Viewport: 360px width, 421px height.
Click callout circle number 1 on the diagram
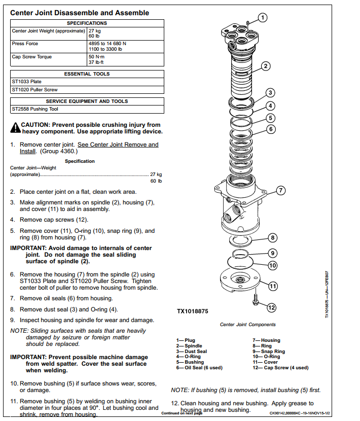[x=263, y=18]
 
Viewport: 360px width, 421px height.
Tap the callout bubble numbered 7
[x=281, y=191]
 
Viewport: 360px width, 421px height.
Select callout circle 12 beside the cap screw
[x=271, y=307]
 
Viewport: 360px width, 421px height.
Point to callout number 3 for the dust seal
[x=270, y=93]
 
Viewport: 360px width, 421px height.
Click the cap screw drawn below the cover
[x=256, y=300]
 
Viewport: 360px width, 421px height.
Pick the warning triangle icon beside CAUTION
[x=15, y=128]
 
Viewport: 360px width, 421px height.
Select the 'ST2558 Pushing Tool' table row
[x=87, y=109]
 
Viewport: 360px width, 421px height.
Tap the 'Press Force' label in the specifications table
[x=25, y=44]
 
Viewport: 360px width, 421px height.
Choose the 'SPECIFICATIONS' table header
[x=87, y=23]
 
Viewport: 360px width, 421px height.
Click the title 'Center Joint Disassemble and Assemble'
[x=80, y=13]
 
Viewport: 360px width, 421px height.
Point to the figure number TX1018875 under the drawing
[x=193, y=311]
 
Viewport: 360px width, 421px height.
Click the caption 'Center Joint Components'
[x=247, y=324]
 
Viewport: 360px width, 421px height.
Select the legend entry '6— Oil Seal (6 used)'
[x=199, y=368]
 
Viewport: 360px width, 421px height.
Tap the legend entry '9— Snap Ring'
[x=269, y=351]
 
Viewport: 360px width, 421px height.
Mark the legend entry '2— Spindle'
[x=189, y=346]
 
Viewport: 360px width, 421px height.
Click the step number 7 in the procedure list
[x=12, y=298]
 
